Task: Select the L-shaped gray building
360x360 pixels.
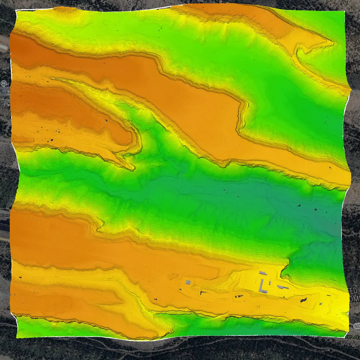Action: pos(263,286)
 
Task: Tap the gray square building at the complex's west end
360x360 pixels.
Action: pos(188,282)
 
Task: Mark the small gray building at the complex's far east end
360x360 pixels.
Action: pos(321,304)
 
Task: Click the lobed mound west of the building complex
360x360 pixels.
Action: pos(172,276)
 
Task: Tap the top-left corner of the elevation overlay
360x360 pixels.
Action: pos(16,10)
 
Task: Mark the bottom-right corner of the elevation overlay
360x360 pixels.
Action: pos(345,337)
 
